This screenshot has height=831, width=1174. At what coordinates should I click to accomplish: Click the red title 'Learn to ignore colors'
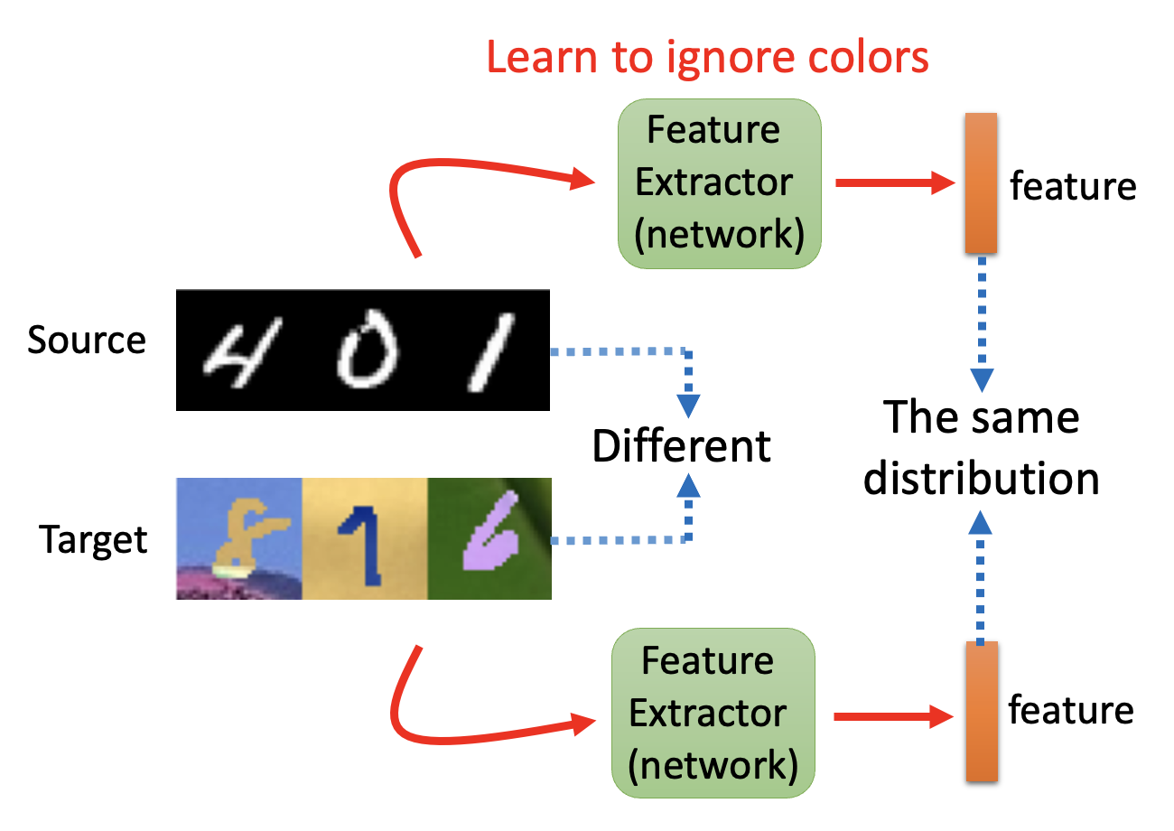pos(707,57)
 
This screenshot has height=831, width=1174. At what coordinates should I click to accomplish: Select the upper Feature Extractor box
pos(719,183)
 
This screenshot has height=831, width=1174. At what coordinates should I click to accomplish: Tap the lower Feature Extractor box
pos(713,714)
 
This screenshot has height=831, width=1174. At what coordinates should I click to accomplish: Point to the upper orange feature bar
pos(981,183)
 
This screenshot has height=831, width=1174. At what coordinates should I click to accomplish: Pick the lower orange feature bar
pos(982,711)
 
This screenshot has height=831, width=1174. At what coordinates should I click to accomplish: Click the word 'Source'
pos(86,341)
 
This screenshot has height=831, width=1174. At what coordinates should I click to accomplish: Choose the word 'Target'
pos(93,539)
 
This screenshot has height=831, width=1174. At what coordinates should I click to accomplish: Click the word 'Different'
pos(682,446)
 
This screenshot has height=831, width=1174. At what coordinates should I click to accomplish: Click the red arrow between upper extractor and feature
pos(894,183)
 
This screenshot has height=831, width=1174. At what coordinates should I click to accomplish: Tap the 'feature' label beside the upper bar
pos(1073,186)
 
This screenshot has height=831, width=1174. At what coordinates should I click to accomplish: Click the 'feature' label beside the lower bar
pos(1071,710)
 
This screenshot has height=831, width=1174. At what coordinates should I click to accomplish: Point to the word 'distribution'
pos(982,479)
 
